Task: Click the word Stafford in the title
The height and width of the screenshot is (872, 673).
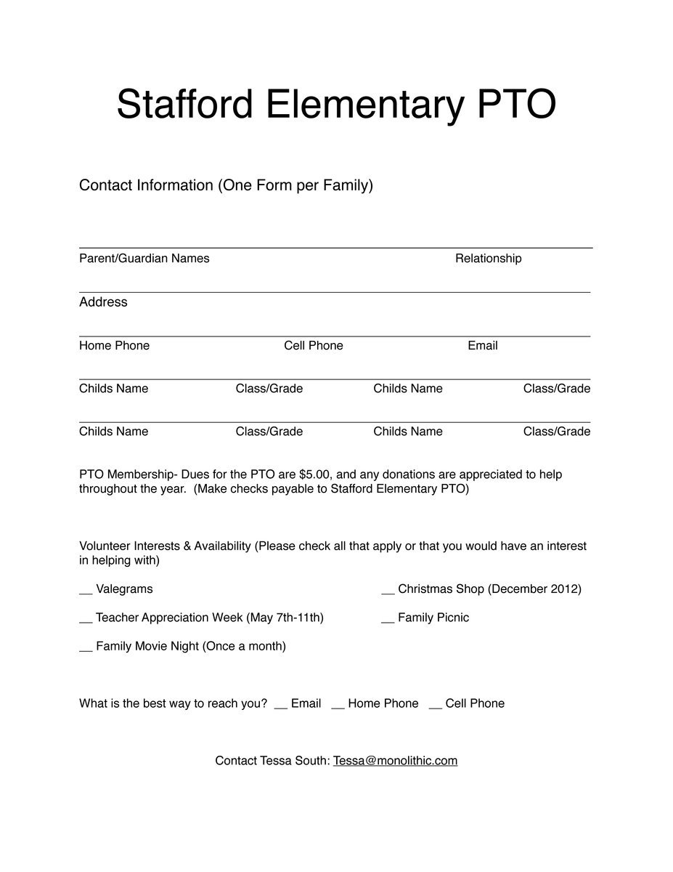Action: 184,105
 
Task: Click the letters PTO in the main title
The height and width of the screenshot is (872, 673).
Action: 516,105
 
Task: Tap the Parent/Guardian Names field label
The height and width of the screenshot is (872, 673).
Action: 144,259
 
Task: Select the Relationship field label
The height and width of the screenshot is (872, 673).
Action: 488,259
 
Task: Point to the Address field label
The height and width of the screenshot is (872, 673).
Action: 103,302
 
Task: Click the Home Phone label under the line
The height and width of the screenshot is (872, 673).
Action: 114,346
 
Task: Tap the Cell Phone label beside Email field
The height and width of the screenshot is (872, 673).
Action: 314,346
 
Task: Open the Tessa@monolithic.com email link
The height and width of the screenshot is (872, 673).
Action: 395,761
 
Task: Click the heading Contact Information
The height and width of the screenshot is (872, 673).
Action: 146,185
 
